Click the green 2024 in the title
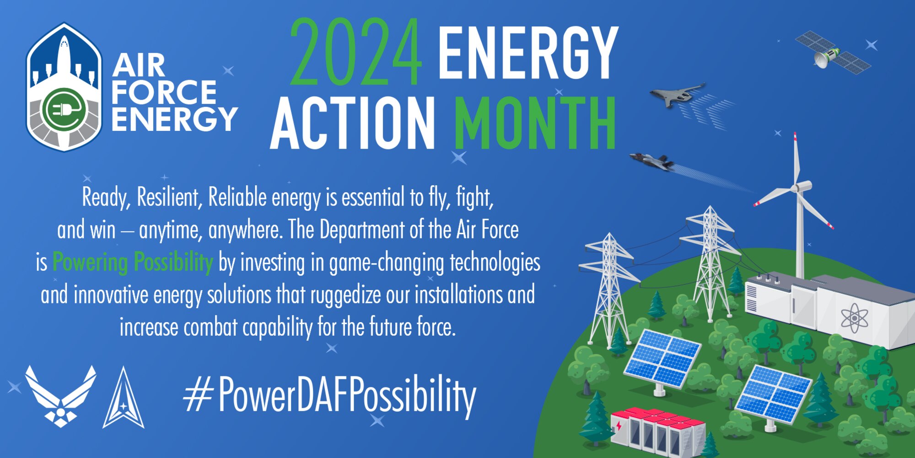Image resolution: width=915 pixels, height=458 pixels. pos(355,53)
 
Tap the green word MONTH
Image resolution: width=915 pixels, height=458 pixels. pos(534,124)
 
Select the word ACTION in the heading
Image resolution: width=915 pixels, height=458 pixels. pos(352,124)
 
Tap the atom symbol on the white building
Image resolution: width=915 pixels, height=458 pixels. pos(854,317)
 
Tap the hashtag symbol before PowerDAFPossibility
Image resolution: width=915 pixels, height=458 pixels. pos(198,396)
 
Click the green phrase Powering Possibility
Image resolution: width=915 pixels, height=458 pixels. pos(133,263)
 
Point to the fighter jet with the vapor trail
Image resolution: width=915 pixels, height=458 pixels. pos(652,161)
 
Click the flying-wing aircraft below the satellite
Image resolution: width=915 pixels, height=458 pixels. pos(677,94)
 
